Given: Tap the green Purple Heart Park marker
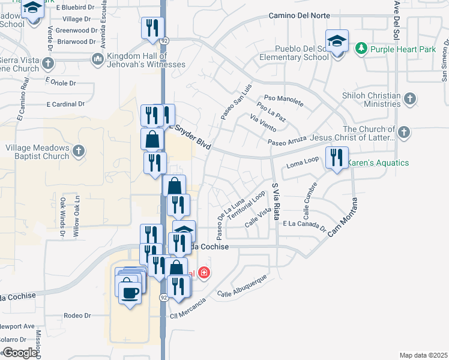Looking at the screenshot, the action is (x=361, y=47).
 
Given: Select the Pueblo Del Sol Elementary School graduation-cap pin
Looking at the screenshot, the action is (x=337, y=42).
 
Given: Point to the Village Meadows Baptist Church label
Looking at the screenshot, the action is (x=37, y=152).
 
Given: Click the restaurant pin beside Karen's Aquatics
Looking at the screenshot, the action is (x=336, y=158).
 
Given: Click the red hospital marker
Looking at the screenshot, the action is (x=204, y=273).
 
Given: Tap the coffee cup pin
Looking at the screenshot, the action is (x=130, y=292).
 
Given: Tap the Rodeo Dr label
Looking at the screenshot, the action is (x=79, y=315).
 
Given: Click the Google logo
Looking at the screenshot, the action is (x=20, y=353).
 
